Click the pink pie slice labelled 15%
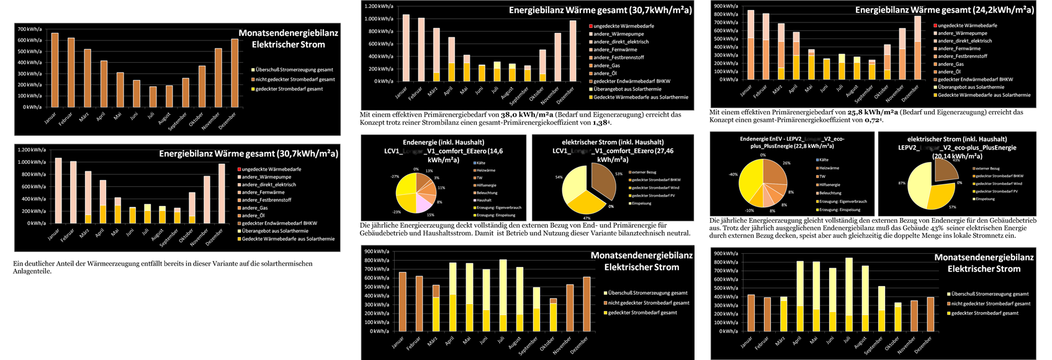pyautogui.click(x=423, y=202)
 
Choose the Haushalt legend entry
pyautogui.click(x=485, y=200)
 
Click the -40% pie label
pyautogui.click(x=733, y=174)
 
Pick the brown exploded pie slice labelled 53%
pyautogui.click(x=603, y=181)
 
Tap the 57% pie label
pyautogui.click(x=952, y=207)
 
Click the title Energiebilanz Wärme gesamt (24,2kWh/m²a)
pyautogui.click(x=944, y=11)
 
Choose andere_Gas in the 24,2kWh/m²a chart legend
pyautogui.click(x=950, y=64)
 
